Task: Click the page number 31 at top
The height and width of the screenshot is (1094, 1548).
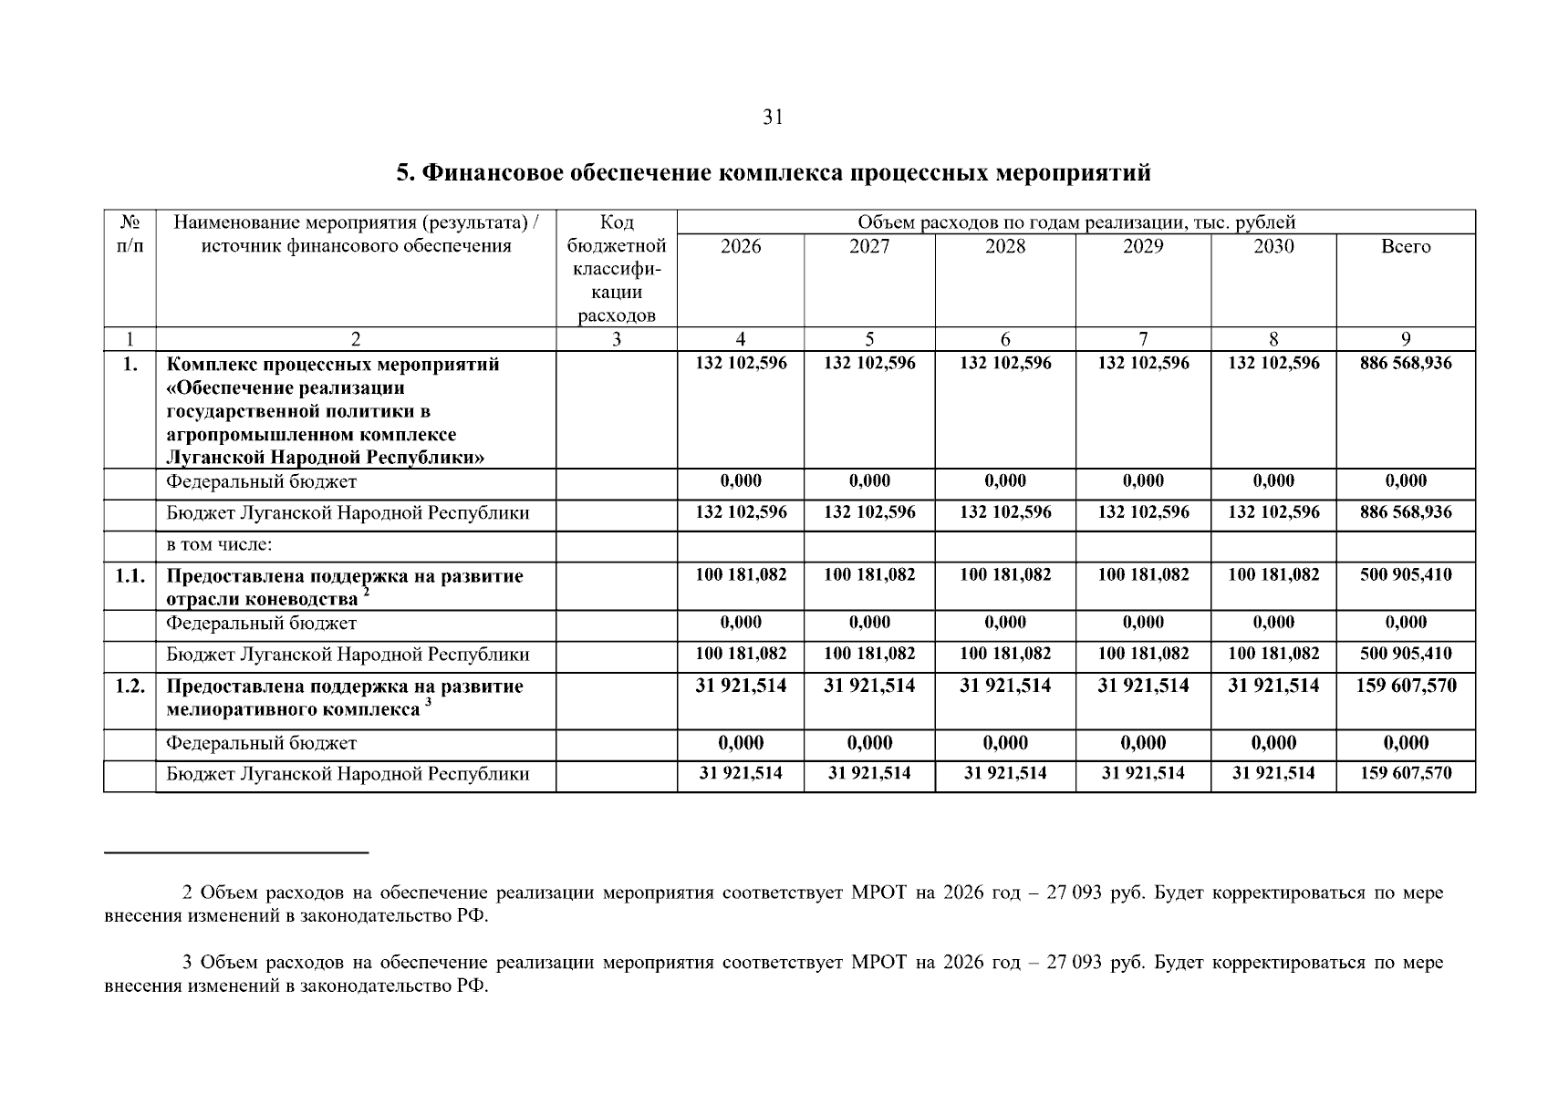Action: [x=773, y=118]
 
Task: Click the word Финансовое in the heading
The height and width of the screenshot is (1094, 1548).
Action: [x=489, y=172]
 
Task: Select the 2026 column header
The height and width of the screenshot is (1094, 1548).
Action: [x=740, y=246]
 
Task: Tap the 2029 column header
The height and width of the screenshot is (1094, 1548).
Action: [x=1143, y=246]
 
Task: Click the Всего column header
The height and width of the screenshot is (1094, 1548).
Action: [x=1405, y=246]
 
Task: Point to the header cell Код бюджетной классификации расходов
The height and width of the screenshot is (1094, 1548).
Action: [x=617, y=269]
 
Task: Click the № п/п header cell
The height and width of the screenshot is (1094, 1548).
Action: [x=130, y=234]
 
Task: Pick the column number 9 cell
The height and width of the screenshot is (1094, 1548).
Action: [x=1405, y=339]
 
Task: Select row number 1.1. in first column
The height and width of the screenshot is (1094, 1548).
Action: [x=130, y=576]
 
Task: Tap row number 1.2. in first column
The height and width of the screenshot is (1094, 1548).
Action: [x=130, y=686]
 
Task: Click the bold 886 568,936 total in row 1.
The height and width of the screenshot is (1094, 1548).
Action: [x=1405, y=363]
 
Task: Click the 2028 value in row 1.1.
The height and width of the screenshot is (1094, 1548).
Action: [x=1005, y=575]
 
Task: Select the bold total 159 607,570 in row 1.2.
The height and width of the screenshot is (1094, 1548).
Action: [x=1405, y=686]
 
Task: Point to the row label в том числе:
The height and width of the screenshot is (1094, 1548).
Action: [x=220, y=545]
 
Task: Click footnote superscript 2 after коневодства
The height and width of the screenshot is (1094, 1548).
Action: [x=366, y=593]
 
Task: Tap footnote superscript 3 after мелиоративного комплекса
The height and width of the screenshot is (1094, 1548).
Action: [x=428, y=703]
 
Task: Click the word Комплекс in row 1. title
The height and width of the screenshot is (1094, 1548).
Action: [x=212, y=365]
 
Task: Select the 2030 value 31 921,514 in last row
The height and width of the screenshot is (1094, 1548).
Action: [x=1273, y=773]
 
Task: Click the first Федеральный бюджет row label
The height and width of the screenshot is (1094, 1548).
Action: [x=261, y=481]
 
